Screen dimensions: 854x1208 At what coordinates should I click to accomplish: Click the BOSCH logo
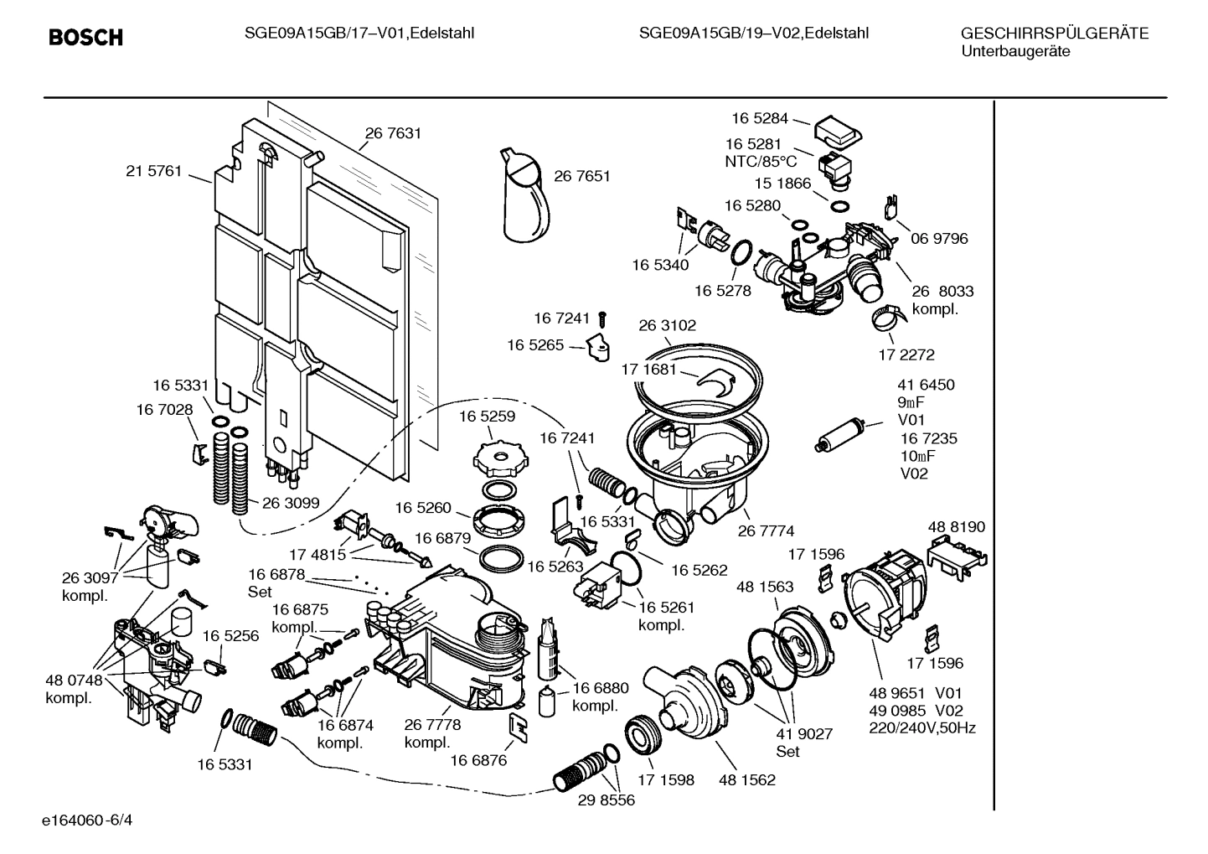coord(85,37)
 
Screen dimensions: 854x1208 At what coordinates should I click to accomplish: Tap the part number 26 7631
coord(392,132)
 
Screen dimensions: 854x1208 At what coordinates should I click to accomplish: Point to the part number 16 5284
coord(759,118)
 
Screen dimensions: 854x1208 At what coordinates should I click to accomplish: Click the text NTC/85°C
coord(760,161)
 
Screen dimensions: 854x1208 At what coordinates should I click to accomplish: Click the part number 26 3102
coord(668,325)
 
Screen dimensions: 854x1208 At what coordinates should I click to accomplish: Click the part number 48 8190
coord(956,527)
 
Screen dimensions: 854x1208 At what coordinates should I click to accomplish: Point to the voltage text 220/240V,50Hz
coord(921,728)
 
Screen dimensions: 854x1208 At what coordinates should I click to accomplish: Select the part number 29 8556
coord(606,800)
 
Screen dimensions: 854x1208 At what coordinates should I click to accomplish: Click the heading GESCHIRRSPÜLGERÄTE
coord(1054,34)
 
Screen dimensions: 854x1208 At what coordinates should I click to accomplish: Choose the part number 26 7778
coord(432,725)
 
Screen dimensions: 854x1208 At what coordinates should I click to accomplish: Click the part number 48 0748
coord(73,681)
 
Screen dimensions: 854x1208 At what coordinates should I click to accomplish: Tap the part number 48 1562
coord(746,780)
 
